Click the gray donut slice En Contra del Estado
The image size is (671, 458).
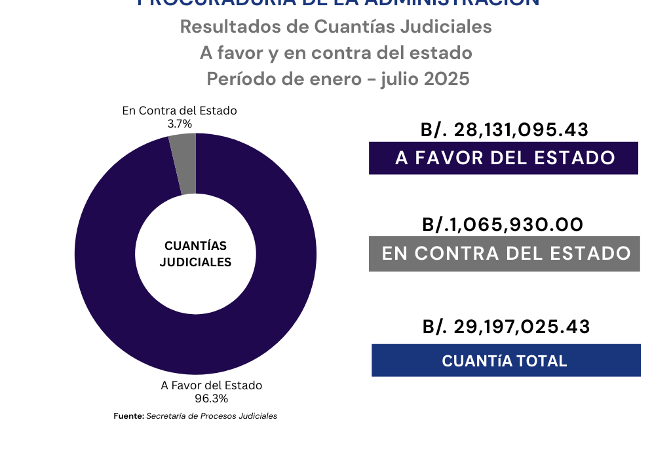[x=183, y=164]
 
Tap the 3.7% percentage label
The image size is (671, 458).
[x=180, y=123]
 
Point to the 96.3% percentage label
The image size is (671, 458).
[x=211, y=398]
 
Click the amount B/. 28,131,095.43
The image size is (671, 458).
[x=504, y=130]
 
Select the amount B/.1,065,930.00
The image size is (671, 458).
[x=503, y=224]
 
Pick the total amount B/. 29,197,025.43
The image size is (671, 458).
[x=505, y=326]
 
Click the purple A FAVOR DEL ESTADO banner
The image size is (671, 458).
[x=503, y=158]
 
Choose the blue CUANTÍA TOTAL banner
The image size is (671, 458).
[x=505, y=361]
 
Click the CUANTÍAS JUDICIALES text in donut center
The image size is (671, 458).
[x=195, y=254]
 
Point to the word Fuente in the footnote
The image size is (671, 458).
[x=128, y=416]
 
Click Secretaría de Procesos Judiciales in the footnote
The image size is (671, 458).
[x=211, y=416]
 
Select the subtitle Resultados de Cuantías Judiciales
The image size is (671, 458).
[x=335, y=27]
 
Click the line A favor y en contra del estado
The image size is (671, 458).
[x=335, y=52]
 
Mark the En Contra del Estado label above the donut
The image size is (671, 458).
[x=180, y=111]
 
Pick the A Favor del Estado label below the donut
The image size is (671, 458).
[x=211, y=385]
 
